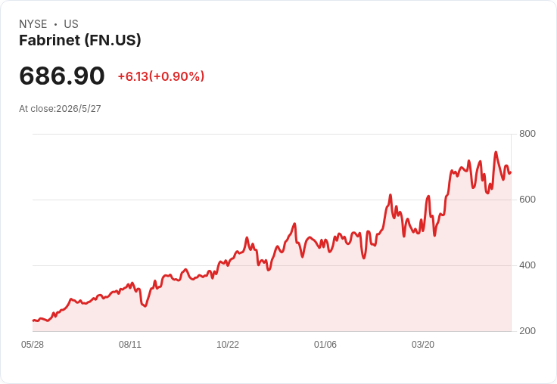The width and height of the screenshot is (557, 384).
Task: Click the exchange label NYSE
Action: pyautogui.click(x=33, y=24)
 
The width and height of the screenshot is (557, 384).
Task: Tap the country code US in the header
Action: pyautogui.click(x=71, y=24)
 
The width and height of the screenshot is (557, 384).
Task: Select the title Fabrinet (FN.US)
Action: pyautogui.click(x=80, y=40)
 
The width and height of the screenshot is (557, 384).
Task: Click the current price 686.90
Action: pyautogui.click(x=62, y=76)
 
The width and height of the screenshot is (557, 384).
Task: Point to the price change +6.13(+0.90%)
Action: pyautogui.click(x=161, y=76)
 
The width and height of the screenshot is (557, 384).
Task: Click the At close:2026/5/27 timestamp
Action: pyautogui.click(x=60, y=109)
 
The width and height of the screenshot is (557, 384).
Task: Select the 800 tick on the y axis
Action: pyautogui.click(x=527, y=134)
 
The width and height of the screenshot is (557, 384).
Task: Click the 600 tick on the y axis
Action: pyautogui.click(x=527, y=200)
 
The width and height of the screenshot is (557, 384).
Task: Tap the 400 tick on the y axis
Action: pyautogui.click(x=527, y=265)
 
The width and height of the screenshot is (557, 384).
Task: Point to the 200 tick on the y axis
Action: pyautogui.click(x=527, y=331)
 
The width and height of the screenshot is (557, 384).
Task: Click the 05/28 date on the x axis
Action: pyautogui.click(x=33, y=345)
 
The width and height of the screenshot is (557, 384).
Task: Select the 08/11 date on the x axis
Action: pyautogui.click(x=130, y=345)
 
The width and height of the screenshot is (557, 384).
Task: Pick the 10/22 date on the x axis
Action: pyautogui.click(x=228, y=345)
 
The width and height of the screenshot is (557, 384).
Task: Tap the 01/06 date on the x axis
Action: pyautogui.click(x=325, y=345)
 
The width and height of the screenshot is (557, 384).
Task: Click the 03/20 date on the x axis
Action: pyautogui.click(x=423, y=345)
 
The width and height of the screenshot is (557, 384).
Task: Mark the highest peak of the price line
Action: pyautogui.click(x=496, y=152)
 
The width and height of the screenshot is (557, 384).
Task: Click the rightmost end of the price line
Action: pyautogui.click(x=511, y=173)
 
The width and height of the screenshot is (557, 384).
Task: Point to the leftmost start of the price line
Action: pyautogui.click(x=33, y=321)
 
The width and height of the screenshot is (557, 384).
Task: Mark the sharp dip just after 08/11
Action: pyautogui.click(x=145, y=306)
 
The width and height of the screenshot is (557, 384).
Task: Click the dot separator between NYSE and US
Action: pyautogui.click(x=55, y=24)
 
